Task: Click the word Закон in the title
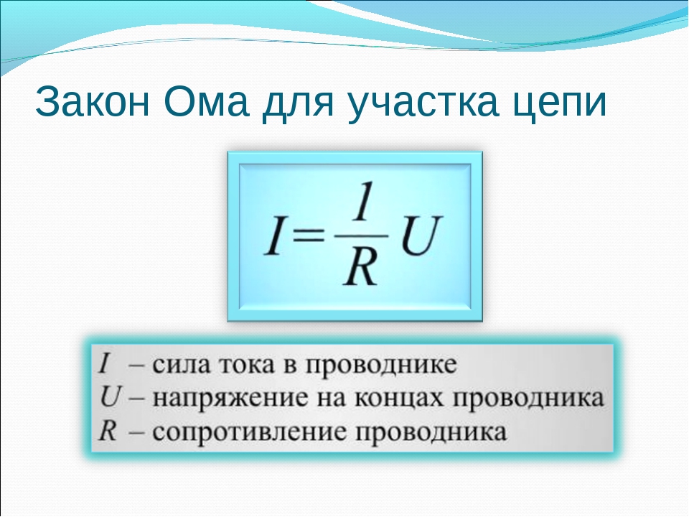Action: tap(93, 102)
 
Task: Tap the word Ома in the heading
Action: tap(206, 102)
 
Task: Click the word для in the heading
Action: tap(298, 106)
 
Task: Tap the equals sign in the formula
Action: tap(308, 236)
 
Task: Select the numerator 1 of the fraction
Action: tap(362, 201)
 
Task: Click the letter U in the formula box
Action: tap(421, 236)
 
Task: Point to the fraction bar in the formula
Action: tap(362, 236)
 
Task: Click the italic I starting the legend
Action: tap(103, 364)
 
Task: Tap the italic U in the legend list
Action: tap(110, 397)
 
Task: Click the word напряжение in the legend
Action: tap(230, 399)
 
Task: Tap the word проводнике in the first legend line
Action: tap(381, 366)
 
